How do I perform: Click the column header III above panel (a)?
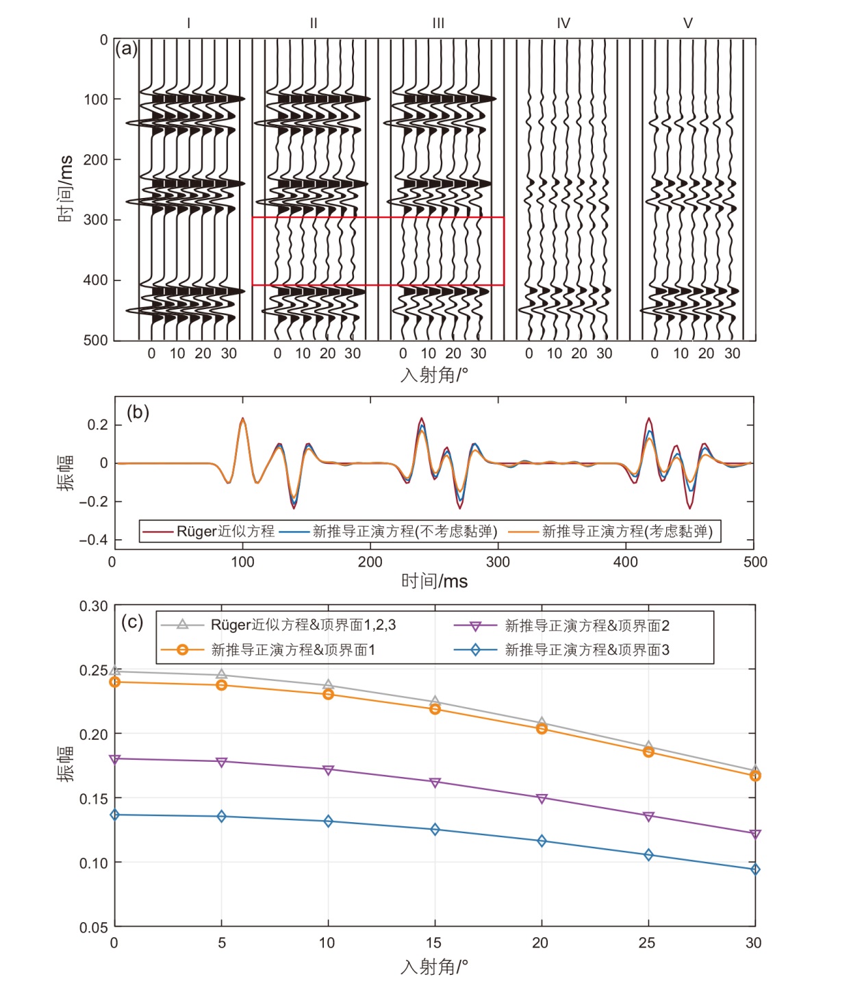(438, 23)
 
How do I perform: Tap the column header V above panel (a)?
(688, 23)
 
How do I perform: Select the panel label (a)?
(126, 49)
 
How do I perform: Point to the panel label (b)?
(138, 412)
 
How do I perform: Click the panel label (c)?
(131, 622)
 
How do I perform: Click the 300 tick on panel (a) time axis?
(96, 220)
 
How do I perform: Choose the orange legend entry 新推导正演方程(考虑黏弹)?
(627, 531)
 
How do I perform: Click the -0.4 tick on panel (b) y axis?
(93, 540)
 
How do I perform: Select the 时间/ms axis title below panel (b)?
(434, 582)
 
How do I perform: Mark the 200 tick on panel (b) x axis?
(370, 562)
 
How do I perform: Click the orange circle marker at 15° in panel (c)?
(435, 708)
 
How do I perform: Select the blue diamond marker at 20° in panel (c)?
(542, 841)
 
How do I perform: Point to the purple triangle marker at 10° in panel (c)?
(328, 770)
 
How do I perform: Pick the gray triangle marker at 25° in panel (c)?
(648, 746)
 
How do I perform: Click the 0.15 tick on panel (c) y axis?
(93, 798)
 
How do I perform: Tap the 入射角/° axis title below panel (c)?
(434, 967)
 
